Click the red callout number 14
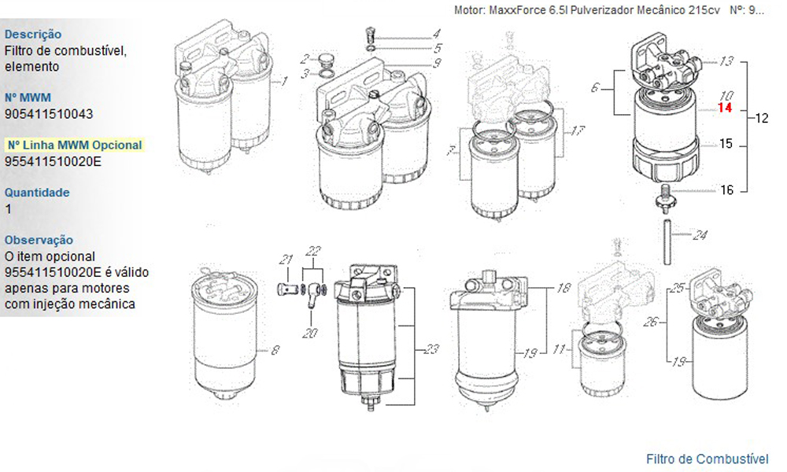[x=725, y=107]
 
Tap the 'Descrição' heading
[x=33, y=34]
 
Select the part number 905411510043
[x=49, y=114]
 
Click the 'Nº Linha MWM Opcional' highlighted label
[x=75, y=145]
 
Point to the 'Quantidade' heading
[x=37, y=192]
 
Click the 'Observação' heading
[x=39, y=240]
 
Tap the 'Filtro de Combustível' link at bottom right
[x=708, y=459]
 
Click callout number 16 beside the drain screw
[x=726, y=190]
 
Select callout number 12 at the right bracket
[x=761, y=118]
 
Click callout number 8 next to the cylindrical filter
[x=275, y=350]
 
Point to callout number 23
[x=431, y=348]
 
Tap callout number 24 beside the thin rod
[x=700, y=234]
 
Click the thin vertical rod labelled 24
[x=667, y=242]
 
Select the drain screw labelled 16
[x=666, y=197]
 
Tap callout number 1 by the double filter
[x=284, y=81]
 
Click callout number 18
[x=563, y=288]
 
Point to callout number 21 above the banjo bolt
[x=286, y=260]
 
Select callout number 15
[x=726, y=144]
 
